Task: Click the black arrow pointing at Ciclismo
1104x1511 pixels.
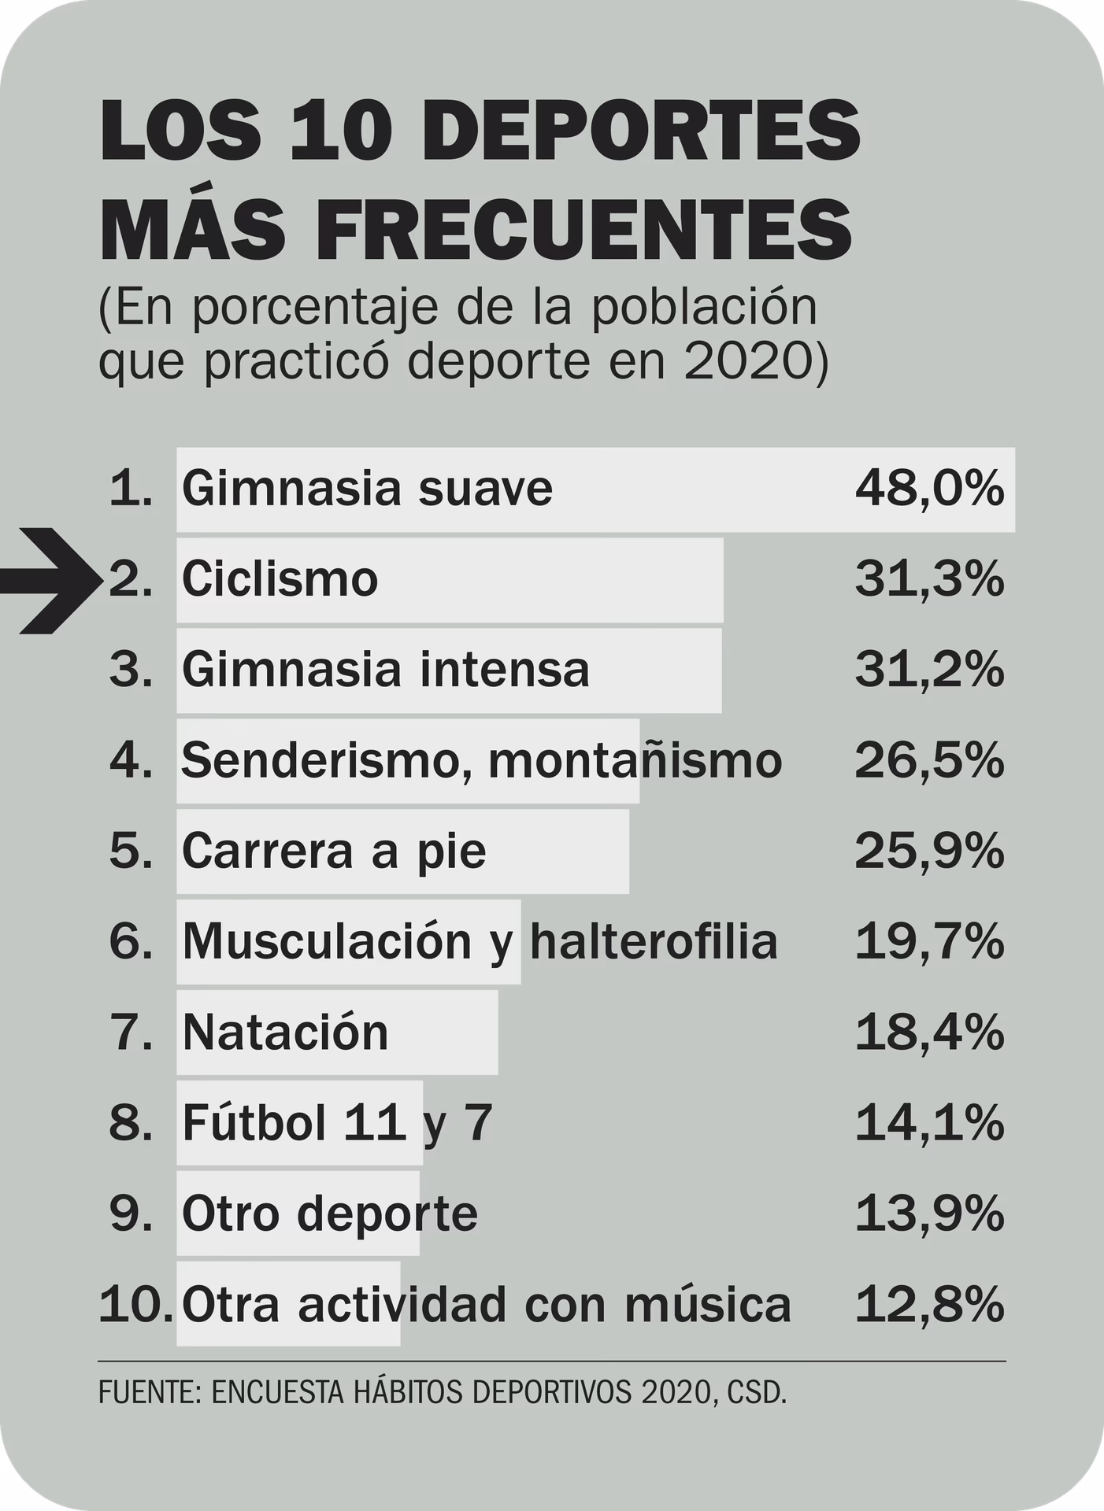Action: [x=51, y=581]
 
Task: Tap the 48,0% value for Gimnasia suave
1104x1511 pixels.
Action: [x=929, y=489]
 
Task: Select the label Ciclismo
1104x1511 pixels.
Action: [x=280, y=580]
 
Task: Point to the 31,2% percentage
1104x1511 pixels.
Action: [x=929, y=670]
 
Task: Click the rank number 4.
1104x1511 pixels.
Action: [x=130, y=761]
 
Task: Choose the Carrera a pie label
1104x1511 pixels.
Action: [x=334, y=852]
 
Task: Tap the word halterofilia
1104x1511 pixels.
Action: [x=654, y=941]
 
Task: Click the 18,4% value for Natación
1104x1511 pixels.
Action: [x=929, y=1033]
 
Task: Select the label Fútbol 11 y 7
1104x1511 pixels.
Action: [x=337, y=1123]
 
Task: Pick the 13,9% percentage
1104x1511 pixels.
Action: [x=929, y=1214]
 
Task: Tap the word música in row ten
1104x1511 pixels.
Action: [x=707, y=1304]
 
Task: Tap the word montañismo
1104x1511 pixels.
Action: [x=635, y=761]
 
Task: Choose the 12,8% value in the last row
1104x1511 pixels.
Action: [x=929, y=1304]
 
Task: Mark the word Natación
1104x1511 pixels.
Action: [x=285, y=1033]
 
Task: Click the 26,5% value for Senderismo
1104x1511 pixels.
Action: [x=929, y=761]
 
